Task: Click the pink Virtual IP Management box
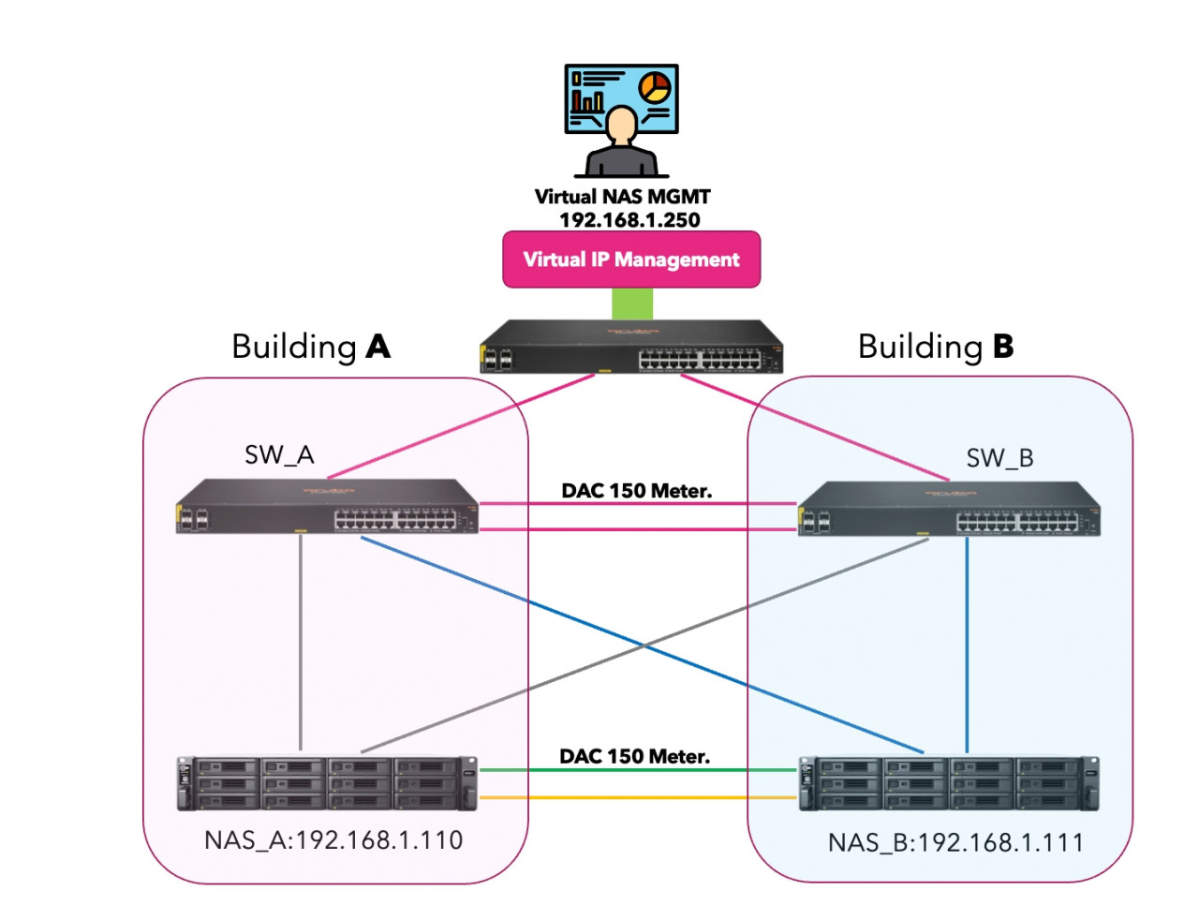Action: click(631, 260)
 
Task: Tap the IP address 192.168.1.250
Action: click(629, 220)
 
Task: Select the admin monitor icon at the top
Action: click(621, 120)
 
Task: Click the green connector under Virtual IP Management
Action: click(632, 304)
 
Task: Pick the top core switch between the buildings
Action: click(631, 348)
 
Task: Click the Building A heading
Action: click(310, 347)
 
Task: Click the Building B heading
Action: click(936, 347)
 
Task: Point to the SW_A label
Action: click(279, 455)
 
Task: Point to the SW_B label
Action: click(999, 458)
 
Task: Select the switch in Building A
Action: click(327, 507)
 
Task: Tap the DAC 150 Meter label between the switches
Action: click(636, 491)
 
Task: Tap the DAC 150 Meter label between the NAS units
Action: click(634, 756)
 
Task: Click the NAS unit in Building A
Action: click(327, 783)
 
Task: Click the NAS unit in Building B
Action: click(949, 784)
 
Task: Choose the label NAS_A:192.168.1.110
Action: click(333, 840)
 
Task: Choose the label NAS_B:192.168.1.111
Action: click(955, 843)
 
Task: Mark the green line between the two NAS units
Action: click(637, 771)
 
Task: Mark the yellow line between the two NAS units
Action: click(637, 798)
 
